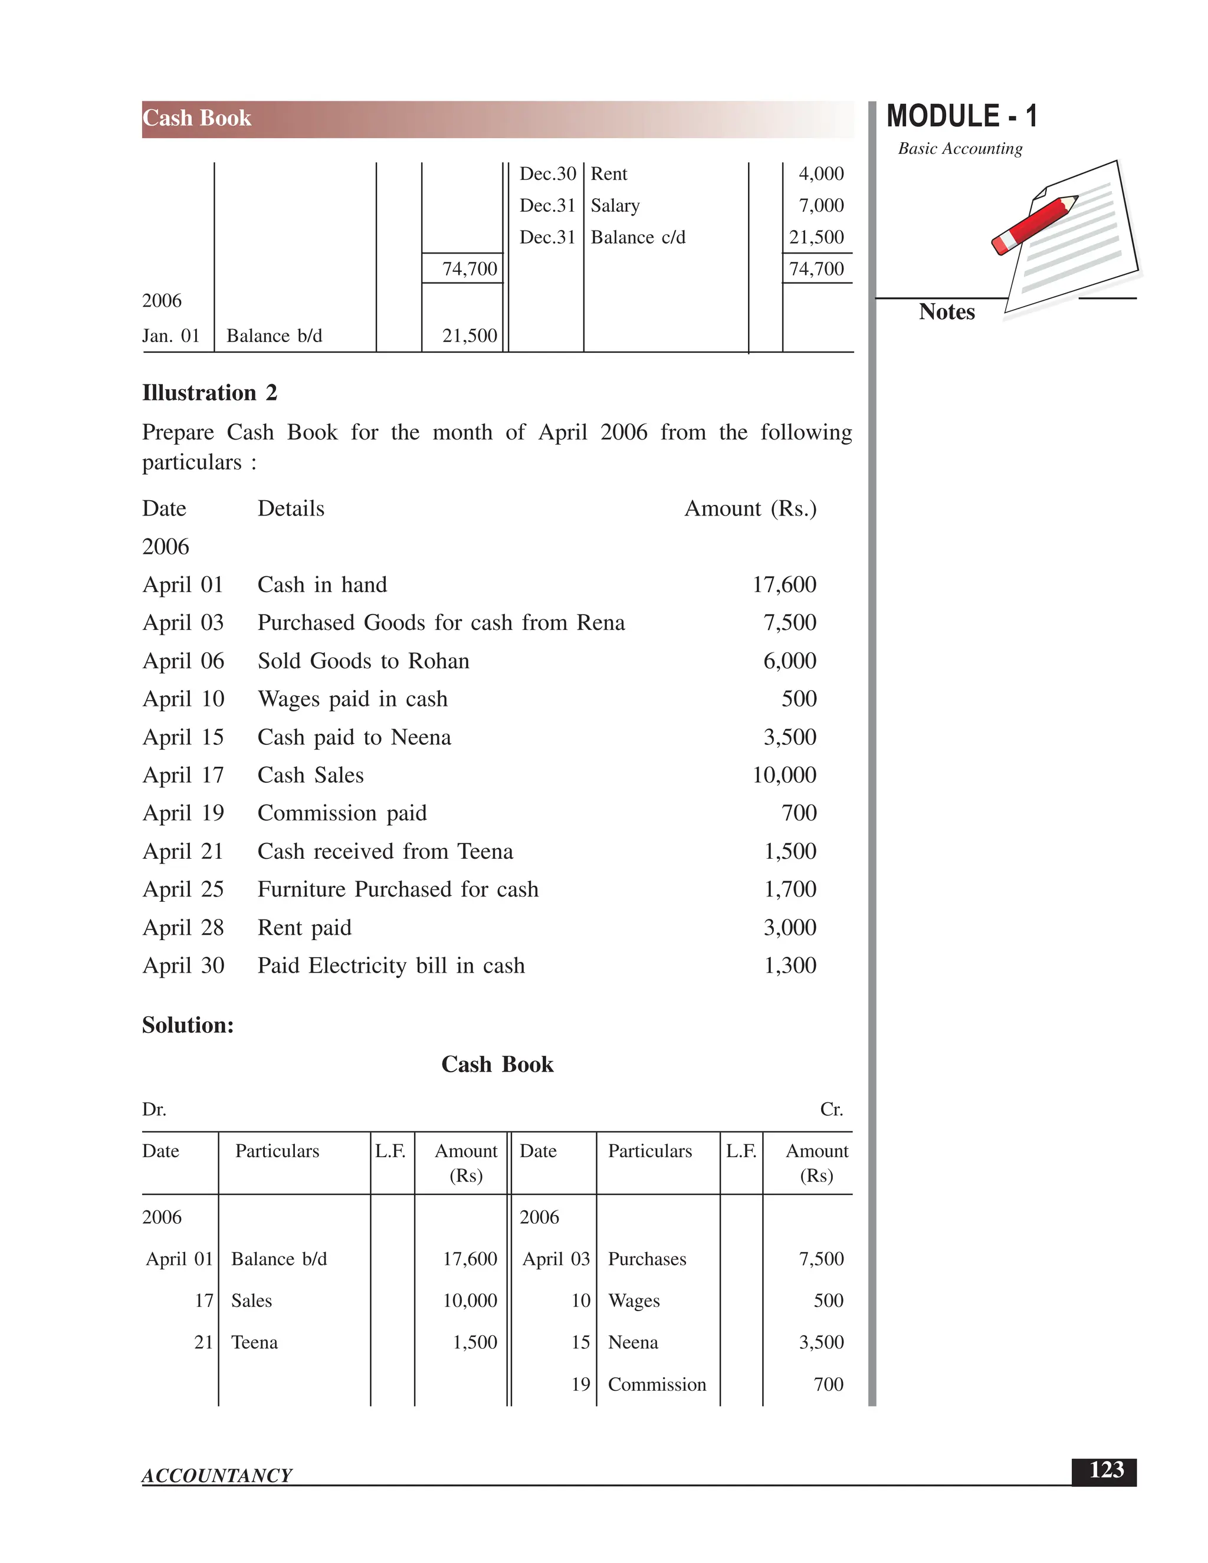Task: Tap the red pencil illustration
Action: (1035, 224)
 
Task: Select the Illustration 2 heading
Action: (209, 393)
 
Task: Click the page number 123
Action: (1106, 1470)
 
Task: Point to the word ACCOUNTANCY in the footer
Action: (217, 1476)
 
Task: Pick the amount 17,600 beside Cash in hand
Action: (784, 585)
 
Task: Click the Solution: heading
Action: (188, 1025)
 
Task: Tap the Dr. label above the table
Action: (154, 1109)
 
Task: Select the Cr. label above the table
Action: (831, 1109)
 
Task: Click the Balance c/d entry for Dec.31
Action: (638, 237)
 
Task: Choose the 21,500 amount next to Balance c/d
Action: (816, 237)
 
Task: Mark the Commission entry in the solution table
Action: (656, 1384)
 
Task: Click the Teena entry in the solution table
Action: (254, 1342)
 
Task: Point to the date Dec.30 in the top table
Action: (547, 174)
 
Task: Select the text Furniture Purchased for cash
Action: (398, 889)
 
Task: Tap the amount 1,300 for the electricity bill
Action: (790, 966)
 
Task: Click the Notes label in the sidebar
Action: (946, 312)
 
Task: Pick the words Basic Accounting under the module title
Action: (960, 149)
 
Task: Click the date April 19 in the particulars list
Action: (183, 813)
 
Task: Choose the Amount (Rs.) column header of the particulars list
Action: (750, 509)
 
